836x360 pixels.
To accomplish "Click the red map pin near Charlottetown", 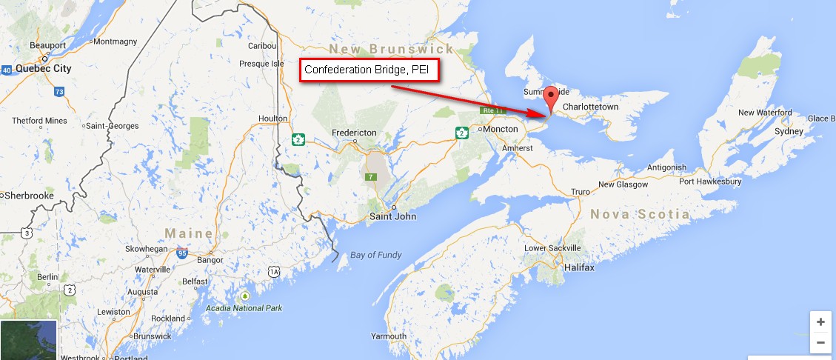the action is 549,99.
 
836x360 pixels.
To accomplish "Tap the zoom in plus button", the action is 820,322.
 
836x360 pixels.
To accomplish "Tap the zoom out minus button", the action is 820,343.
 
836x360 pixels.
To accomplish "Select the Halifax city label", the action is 578,267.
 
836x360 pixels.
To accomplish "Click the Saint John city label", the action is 392,216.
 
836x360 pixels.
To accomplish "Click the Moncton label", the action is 500,129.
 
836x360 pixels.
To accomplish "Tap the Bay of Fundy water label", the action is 376,256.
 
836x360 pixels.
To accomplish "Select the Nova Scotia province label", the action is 640,215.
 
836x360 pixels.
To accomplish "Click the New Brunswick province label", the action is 392,49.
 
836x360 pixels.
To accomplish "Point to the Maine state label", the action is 188,233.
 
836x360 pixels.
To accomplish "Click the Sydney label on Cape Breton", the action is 788,131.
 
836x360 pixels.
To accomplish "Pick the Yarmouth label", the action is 389,336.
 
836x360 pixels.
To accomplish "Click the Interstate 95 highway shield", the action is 181,253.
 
